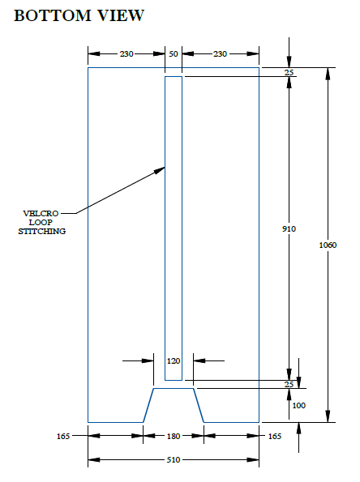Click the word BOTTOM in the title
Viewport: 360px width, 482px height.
(x=53, y=15)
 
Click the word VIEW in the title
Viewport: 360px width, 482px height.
(x=121, y=15)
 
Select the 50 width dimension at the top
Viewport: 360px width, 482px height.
(x=174, y=54)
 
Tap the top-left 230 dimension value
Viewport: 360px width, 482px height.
(x=126, y=54)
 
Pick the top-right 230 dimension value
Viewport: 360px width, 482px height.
(x=220, y=54)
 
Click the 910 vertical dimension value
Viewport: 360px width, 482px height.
(x=289, y=228)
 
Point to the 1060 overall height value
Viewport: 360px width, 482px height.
(x=328, y=245)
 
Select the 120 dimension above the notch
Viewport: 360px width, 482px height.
(x=174, y=360)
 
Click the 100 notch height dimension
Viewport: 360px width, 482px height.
(x=298, y=406)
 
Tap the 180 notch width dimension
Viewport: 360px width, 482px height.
(x=174, y=436)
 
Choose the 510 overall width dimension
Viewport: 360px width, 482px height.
(x=174, y=460)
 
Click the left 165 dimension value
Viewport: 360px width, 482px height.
(x=63, y=436)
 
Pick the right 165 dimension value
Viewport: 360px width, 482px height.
(x=275, y=436)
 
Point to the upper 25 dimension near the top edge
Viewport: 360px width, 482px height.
(x=289, y=73)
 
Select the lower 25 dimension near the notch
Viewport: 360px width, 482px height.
(x=289, y=384)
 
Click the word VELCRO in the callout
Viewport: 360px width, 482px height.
(x=41, y=213)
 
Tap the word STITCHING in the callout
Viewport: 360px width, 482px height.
(x=42, y=231)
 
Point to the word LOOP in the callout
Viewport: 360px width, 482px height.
(x=41, y=222)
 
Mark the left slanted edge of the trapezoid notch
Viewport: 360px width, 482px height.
(x=148, y=406)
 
